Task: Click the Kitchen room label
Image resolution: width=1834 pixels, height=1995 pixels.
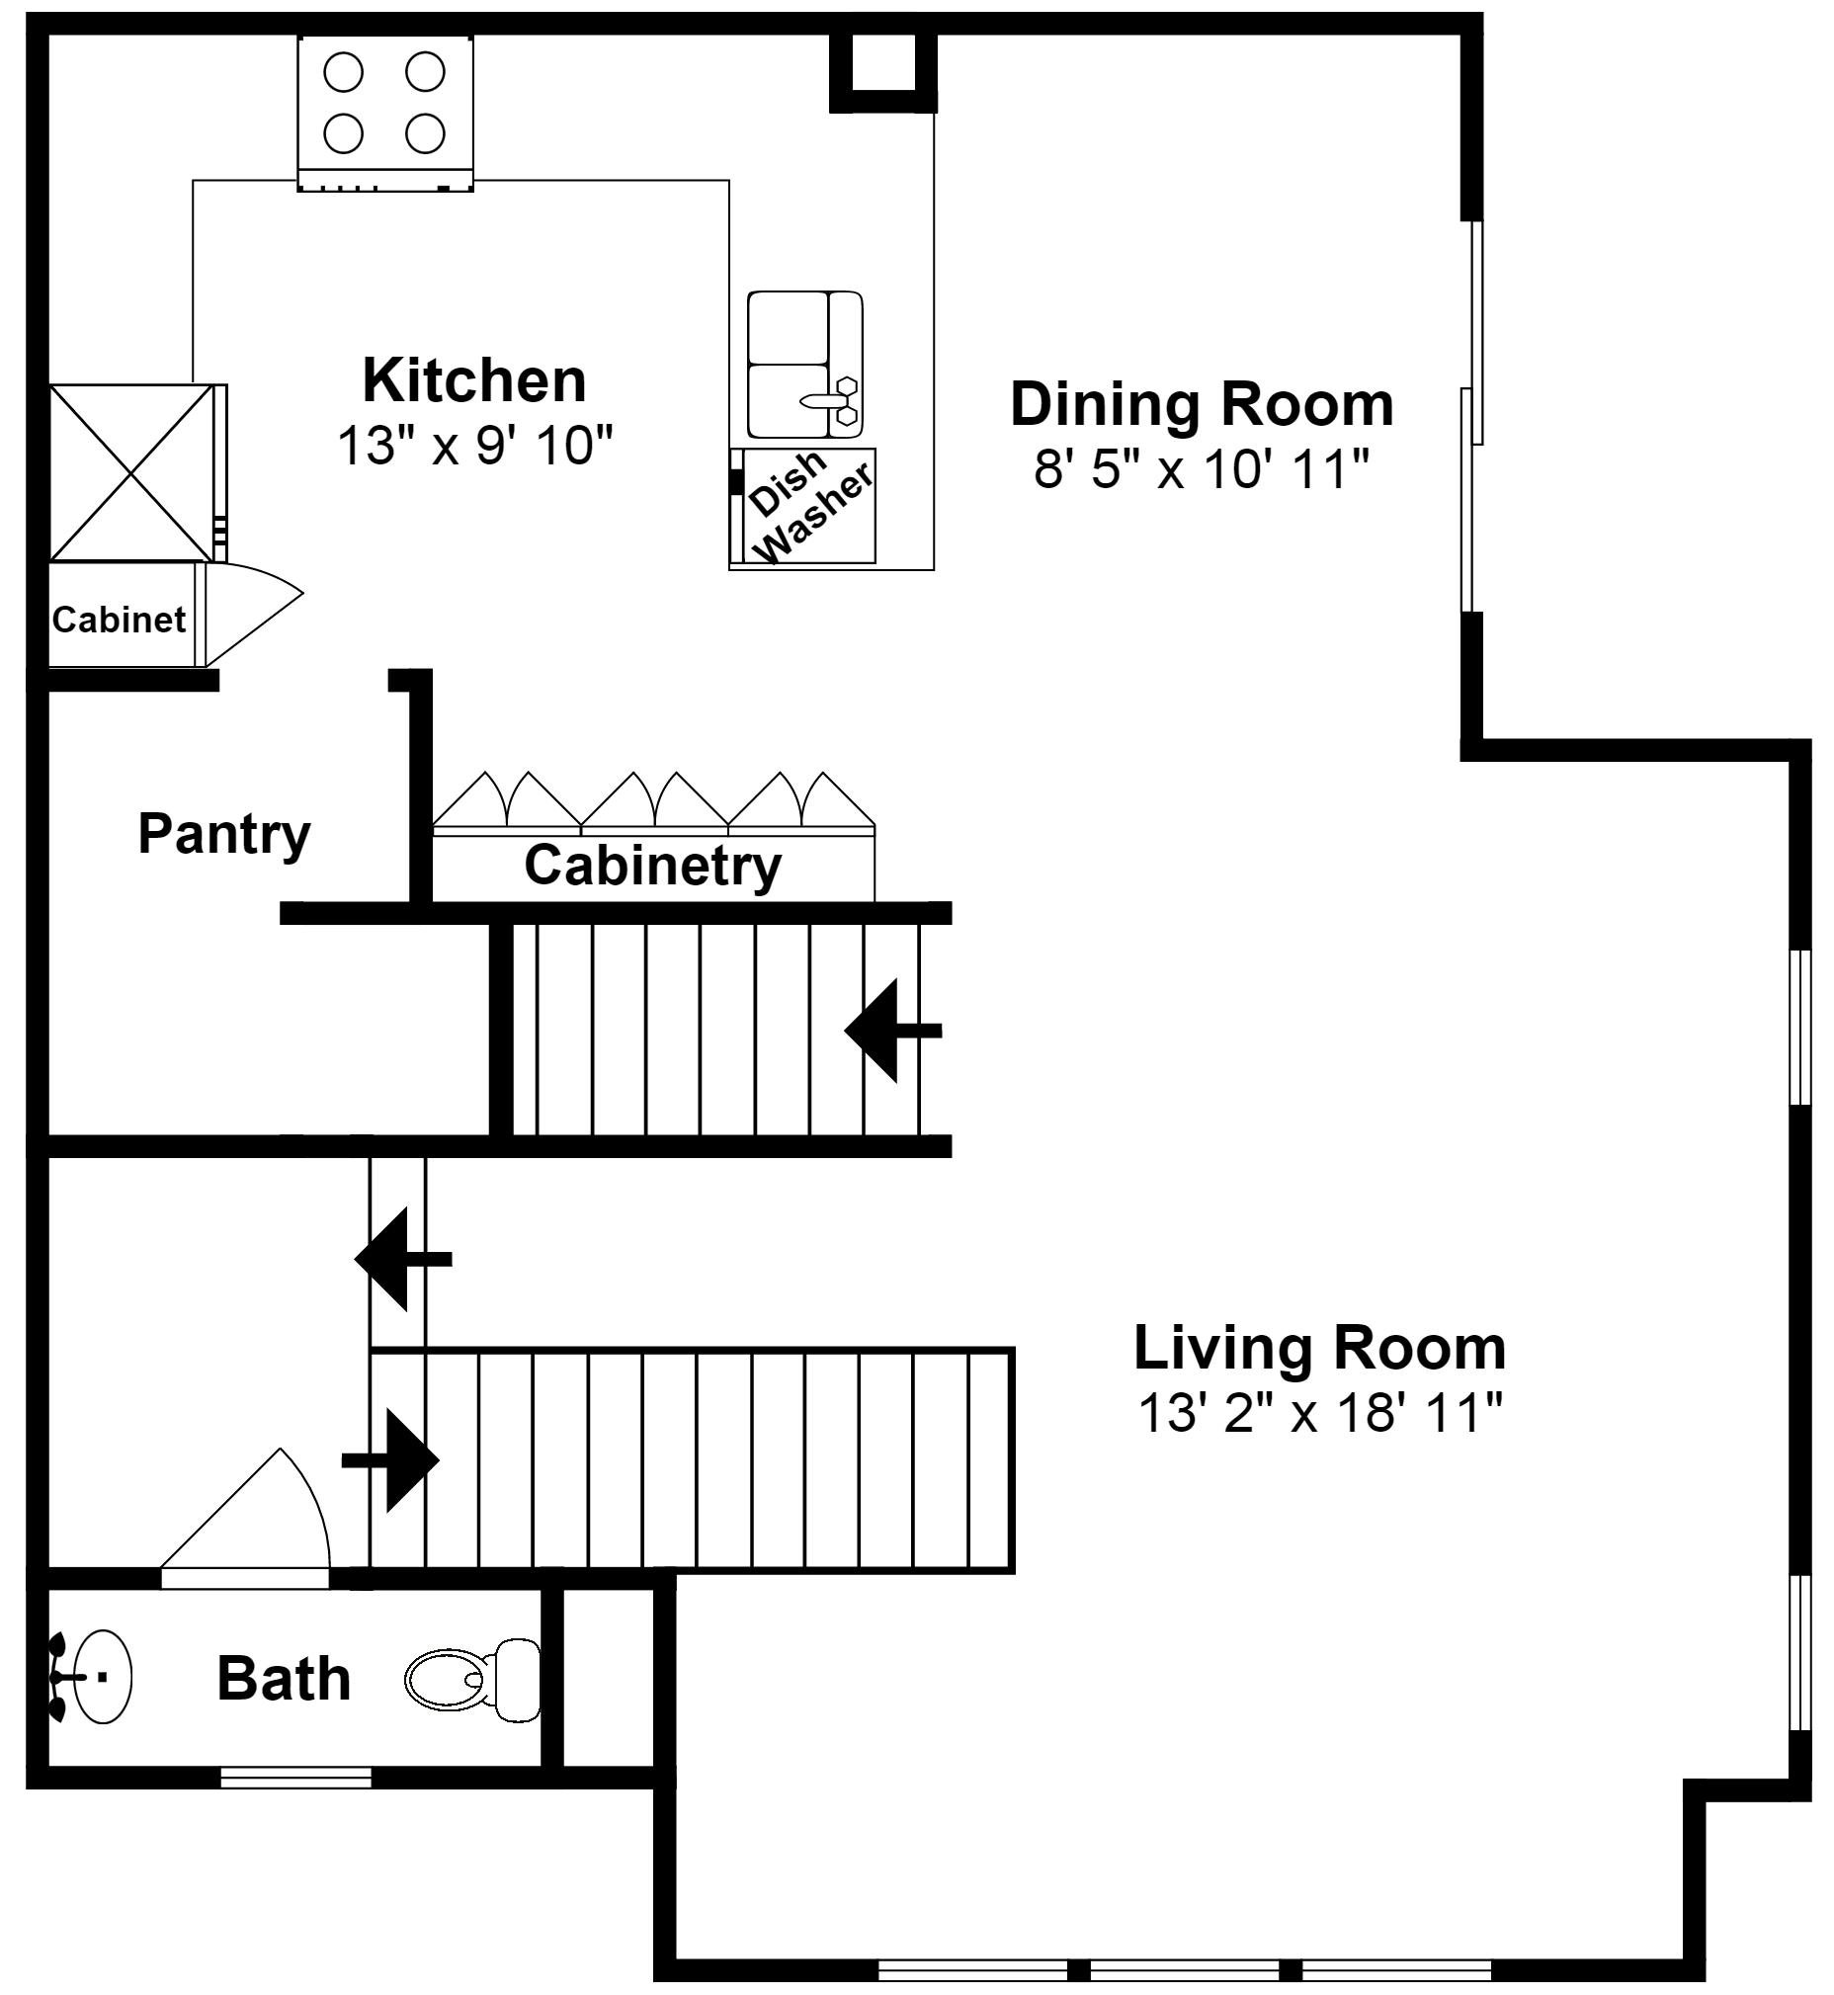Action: (x=474, y=380)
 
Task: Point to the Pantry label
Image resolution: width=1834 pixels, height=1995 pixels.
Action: (x=223, y=833)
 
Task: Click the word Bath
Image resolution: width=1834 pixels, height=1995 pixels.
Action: (x=284, y=1679)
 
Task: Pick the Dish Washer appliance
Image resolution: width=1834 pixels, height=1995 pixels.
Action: (x=804, y=507)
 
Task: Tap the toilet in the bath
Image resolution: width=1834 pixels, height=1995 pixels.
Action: (x=474, y=1680)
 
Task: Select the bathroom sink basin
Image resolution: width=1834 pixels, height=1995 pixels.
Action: (x=99, y=1678)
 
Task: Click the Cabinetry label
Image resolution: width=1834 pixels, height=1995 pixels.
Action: (x=652, y=865)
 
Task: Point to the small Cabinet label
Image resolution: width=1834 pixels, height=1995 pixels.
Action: (x=119, y=620)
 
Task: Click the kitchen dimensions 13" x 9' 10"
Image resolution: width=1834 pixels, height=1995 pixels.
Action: (x=474, y=446)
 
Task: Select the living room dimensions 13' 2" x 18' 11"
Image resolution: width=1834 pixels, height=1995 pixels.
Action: (x=1319, y=1412)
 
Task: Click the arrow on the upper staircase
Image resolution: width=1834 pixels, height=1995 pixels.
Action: (x=889, y=1031)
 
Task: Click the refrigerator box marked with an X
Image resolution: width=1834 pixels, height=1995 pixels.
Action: (x=132, y=472)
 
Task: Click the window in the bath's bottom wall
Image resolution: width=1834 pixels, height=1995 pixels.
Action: (x=295, y=1778)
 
